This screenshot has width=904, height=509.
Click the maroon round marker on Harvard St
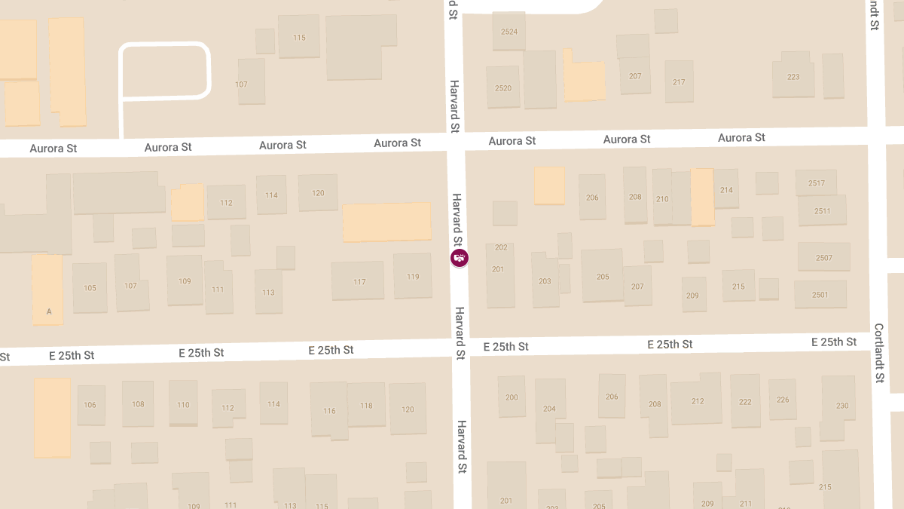tap(459, 258)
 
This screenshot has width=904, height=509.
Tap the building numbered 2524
tap(509, 32)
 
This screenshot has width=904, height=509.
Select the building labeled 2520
tap(503, 88)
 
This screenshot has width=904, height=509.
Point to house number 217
tap(679, 82)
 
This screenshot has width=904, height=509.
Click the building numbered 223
tap(793, 77)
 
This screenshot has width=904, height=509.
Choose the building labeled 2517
tap(816, 183)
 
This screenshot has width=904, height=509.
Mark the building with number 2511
tap(822, 211)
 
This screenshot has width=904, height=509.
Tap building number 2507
tap(823, 258)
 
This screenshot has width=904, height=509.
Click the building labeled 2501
tap(820, 294)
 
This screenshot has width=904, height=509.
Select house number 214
tap(726, 190)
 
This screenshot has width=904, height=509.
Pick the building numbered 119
tap(413, 277)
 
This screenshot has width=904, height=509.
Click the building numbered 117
tap(359, 282)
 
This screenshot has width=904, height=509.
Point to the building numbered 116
tap(329, 411)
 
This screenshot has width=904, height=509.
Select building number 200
tap(512, 397)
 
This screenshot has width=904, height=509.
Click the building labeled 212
tap(697, 401)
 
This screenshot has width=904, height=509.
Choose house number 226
tap(783, 400)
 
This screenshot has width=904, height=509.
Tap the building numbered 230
tap(841, 406)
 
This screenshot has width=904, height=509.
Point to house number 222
tap(745, 402)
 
